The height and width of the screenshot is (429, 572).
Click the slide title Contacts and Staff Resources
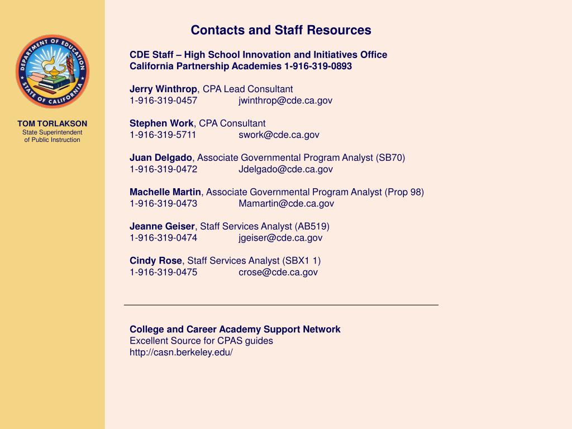281,30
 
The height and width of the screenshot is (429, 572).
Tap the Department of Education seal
53,71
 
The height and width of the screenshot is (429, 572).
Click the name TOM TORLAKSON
52,123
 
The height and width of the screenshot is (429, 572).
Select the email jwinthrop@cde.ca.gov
285,101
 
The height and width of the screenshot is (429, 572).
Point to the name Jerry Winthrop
163,89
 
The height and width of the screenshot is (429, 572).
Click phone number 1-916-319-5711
163,135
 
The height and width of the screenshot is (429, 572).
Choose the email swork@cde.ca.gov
279,135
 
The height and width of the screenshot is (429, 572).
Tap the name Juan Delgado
161,158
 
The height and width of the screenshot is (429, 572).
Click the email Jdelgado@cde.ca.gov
285,169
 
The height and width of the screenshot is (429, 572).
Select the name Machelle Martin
165,192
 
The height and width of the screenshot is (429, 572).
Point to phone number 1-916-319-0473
164,203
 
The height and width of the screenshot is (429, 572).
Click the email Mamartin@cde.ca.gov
286,203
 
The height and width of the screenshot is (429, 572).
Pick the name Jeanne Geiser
162,226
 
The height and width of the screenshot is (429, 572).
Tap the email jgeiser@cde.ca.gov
280,238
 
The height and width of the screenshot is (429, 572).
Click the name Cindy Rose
156,261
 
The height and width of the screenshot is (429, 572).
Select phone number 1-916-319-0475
164,272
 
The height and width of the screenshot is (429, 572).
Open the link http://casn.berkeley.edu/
181,352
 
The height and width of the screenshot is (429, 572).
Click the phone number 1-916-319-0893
318,66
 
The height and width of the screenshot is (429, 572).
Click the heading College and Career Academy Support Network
235,330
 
